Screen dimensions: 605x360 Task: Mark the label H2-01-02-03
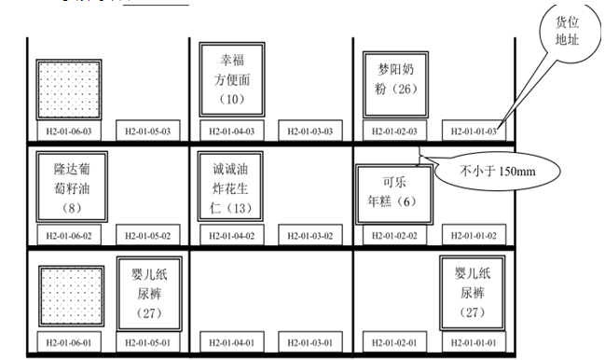coord(393,132)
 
